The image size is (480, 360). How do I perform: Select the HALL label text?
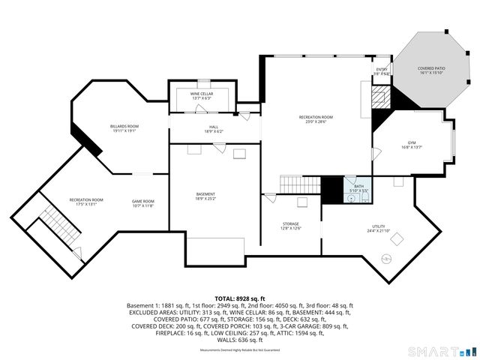tap(214, 129)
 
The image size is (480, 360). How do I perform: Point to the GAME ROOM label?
tap(142, 202)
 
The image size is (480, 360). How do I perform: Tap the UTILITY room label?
tap(378, 228)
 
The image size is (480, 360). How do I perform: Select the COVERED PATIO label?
tap(431, 70)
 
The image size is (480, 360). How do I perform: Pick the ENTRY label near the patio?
tap(382, 71)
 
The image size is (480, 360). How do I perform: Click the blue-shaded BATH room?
tap(358, 188)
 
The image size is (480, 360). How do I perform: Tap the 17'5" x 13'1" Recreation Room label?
tap(86, 202)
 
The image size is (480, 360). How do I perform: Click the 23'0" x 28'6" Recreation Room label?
tap(316, 119)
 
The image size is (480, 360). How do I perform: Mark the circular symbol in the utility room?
tap(387, 259)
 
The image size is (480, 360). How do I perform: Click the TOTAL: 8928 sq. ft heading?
tap(240, 298)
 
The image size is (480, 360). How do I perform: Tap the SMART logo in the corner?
tap(441, 351)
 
